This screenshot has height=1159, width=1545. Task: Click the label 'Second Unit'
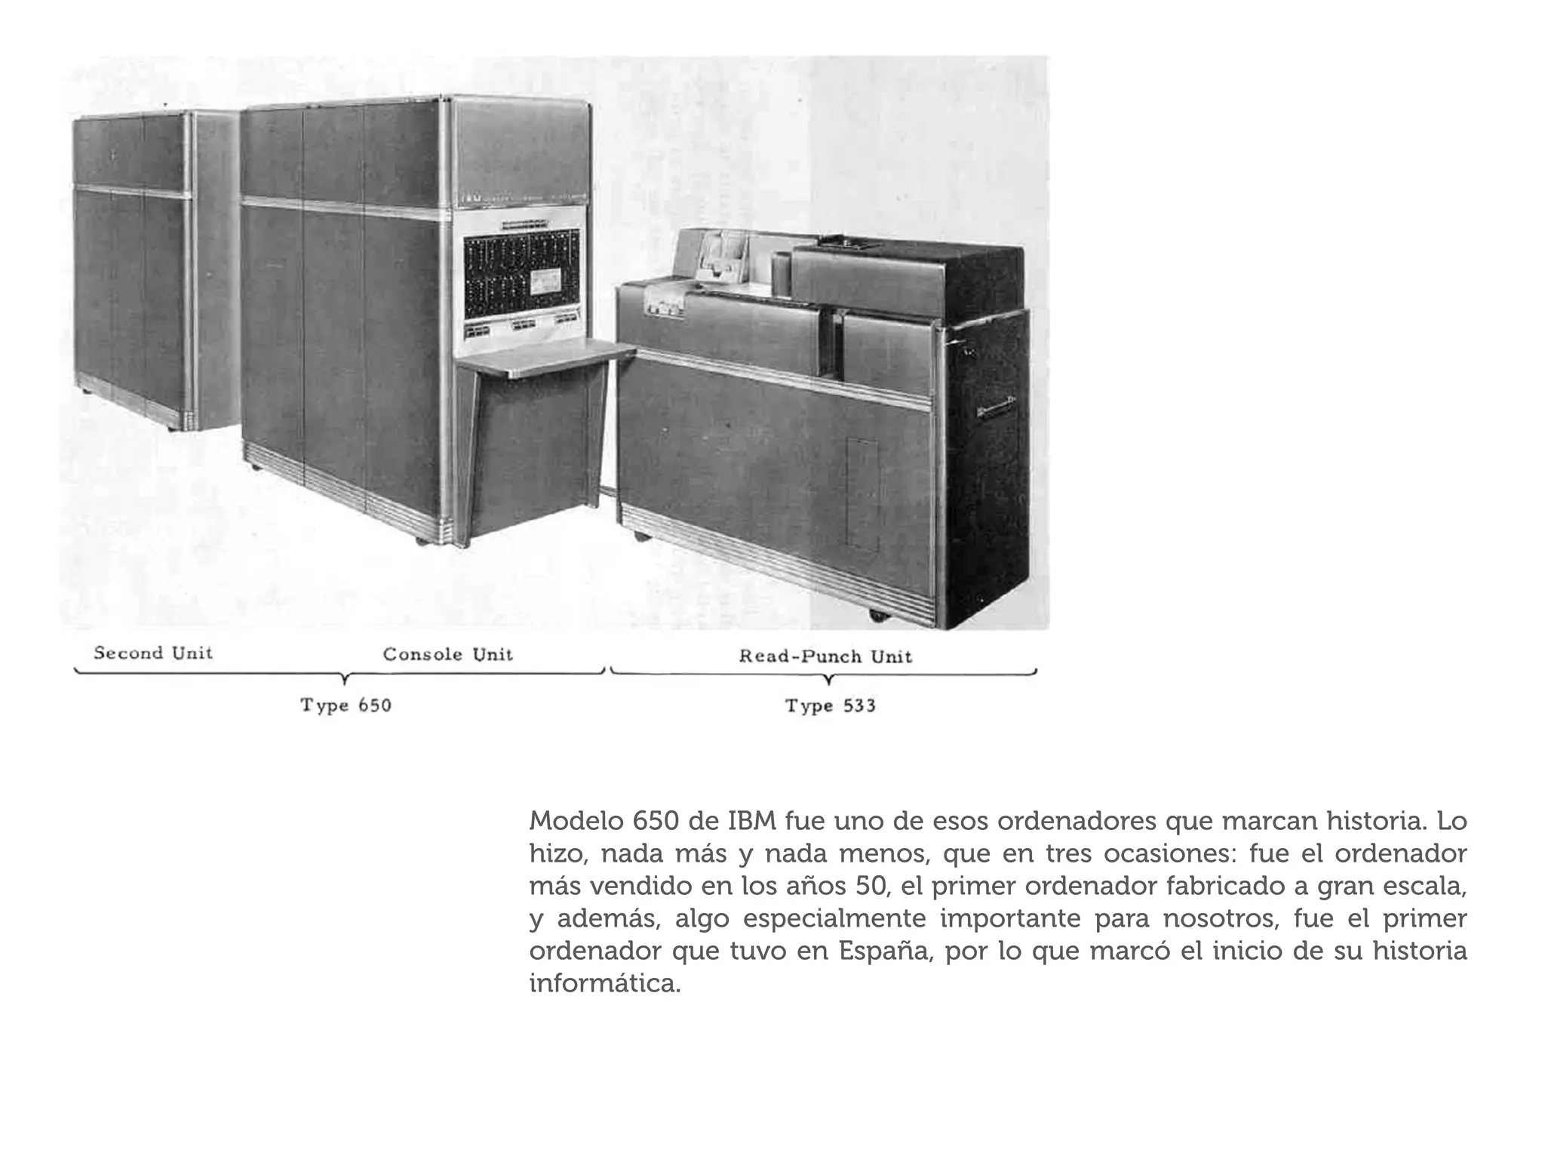153,653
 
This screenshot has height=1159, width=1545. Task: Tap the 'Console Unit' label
447,654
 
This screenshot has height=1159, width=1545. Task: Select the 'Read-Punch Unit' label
825,656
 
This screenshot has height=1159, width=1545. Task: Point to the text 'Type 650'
346,706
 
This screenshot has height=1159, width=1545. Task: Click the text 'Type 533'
831,706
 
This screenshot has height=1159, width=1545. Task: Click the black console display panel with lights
521,276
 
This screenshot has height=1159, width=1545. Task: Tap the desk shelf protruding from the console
545,357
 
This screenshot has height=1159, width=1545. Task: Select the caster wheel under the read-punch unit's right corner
877,615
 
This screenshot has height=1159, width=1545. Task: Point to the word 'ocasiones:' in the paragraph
1169,853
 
